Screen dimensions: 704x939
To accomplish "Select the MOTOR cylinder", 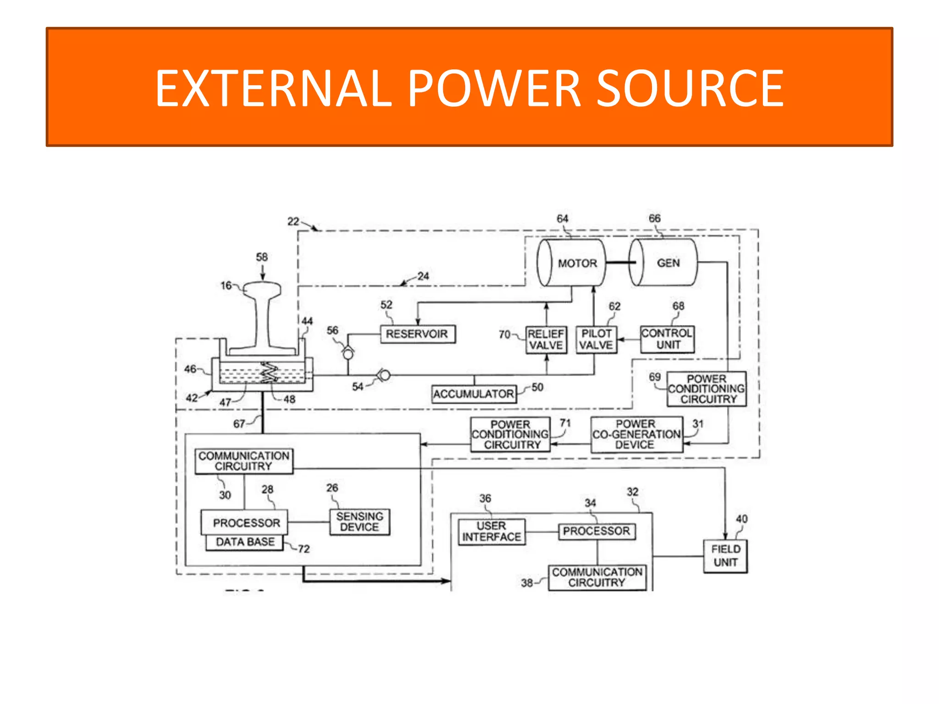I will click(572, 263).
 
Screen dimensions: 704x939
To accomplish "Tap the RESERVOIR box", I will click(418, 334).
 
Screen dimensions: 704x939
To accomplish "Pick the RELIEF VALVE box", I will click(546, 340).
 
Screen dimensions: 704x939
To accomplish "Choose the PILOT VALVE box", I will click(596, 339).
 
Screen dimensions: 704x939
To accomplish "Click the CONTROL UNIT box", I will click(667, 339).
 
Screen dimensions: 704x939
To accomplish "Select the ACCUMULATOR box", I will click(474, 394).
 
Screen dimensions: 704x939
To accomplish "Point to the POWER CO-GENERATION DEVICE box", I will click(636, 434).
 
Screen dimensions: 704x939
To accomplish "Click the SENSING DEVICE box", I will click(359, 522).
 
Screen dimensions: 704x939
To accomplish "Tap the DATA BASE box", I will click(245, 542).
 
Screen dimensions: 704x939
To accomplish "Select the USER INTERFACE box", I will click(491, 532).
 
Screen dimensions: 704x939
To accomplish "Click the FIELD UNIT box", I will click(725, 556).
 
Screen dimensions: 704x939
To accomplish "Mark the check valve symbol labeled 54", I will click(384, 376).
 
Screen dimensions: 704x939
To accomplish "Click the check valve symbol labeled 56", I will click(348, 353).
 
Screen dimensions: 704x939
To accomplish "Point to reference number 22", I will click(293, 221).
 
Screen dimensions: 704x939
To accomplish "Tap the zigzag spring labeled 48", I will click(270, 372).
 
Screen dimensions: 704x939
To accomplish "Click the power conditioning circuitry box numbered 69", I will click(706, 389).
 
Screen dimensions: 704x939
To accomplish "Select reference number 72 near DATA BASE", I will click(304, 549).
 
